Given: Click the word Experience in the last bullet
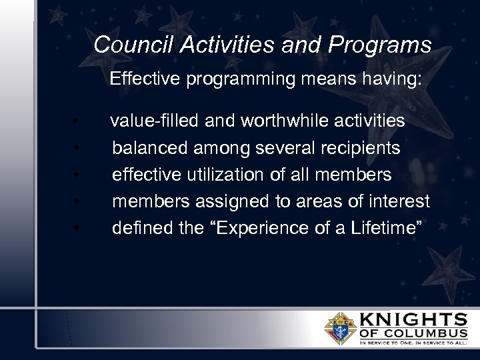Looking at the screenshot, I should [x=253, y=227].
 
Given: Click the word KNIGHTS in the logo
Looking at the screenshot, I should [x=413, y=319].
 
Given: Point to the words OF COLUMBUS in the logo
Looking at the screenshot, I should [x=413, y=333].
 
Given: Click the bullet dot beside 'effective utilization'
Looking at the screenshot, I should [x=78, y=175].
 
